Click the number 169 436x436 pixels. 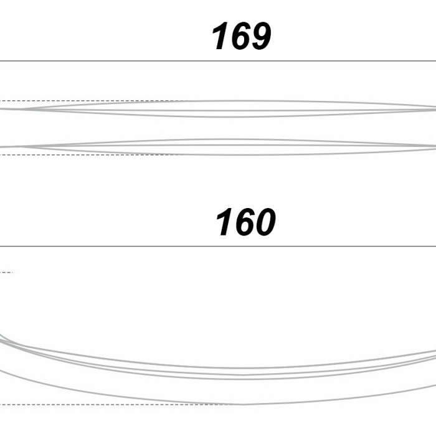point(242,36)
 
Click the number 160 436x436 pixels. point(246,222)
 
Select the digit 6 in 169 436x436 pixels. point(240,36)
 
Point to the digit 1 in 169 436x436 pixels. point(220,36)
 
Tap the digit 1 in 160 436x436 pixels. point(225,222)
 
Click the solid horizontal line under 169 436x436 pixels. point(218,60)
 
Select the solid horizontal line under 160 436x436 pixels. point(218,246)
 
